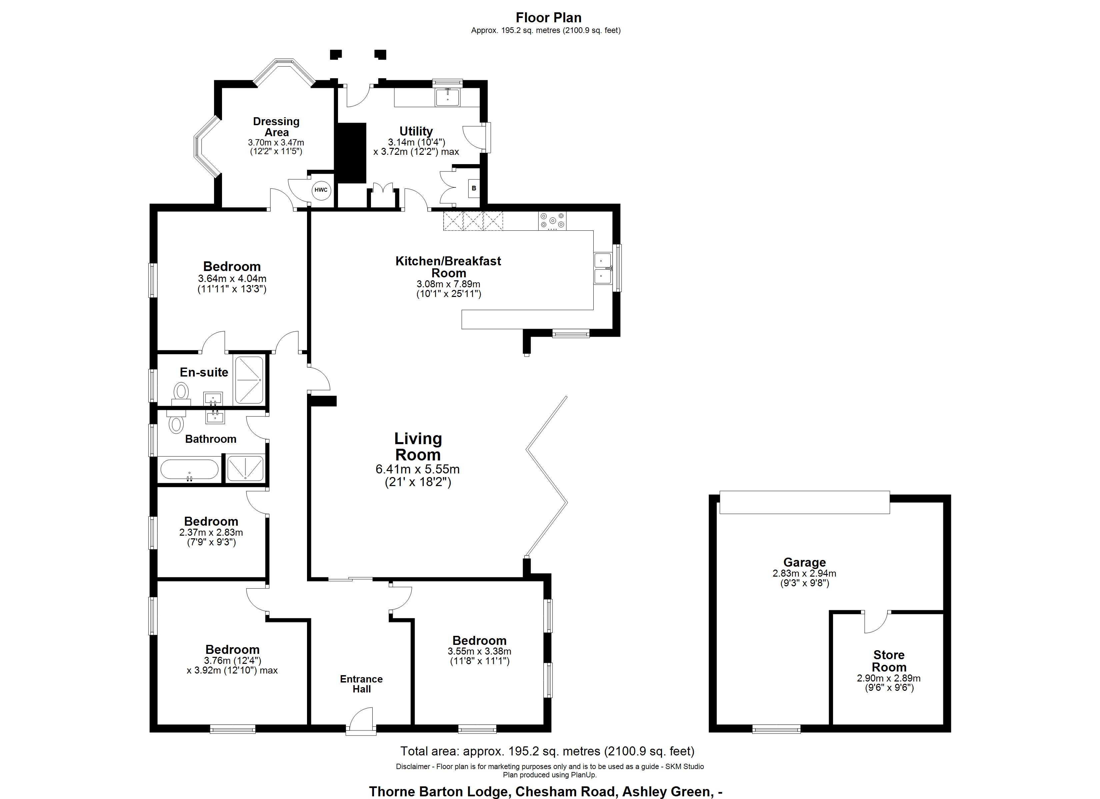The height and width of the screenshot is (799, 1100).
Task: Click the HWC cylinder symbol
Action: click(x=321, y=190)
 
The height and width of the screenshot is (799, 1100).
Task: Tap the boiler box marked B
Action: click(x=474, y=188)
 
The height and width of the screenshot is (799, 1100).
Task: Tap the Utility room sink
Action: click(x=448, y=97)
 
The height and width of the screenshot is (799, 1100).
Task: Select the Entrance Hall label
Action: click(x=361, y=684)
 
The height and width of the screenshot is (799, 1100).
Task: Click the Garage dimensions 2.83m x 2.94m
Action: click(x=804, y=573)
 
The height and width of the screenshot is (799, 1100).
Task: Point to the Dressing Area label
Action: click(x=276, y=127)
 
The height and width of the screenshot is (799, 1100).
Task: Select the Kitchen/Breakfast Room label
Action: click(x=448, y=266)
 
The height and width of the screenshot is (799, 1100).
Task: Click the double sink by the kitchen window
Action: click(x=603, y=268)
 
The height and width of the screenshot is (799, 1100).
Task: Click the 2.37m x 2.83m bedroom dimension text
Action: click(x=211, y=532)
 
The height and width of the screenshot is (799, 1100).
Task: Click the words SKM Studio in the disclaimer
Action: click(x=684, y=766)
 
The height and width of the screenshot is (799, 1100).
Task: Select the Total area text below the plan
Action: click(x=547, y=751)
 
